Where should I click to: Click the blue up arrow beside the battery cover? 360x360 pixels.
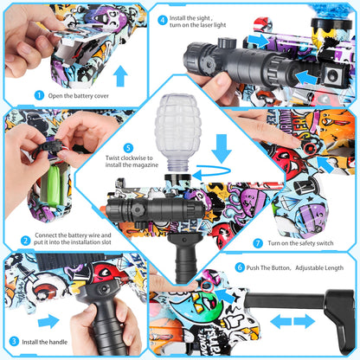coord(120,75)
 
